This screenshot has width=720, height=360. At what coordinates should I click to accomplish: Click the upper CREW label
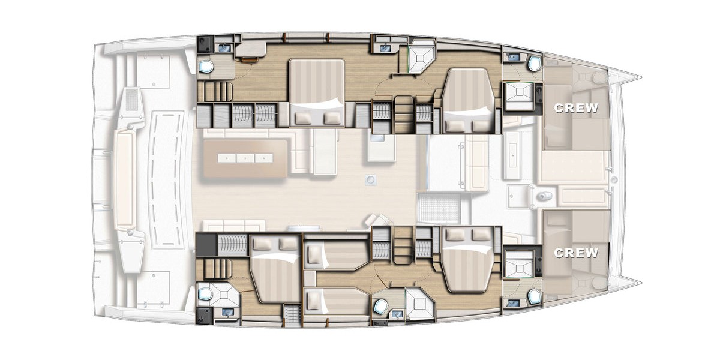coord(576,109)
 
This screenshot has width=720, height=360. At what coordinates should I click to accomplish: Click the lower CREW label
coord(576,253)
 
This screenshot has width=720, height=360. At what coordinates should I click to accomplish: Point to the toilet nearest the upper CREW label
coord(532,64)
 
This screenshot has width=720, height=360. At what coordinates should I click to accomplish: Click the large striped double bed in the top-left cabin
coord(317,93)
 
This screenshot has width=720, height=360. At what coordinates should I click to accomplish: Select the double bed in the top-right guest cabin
coord(470,99)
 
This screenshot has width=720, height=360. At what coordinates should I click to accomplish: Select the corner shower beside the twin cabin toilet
coord(418,303)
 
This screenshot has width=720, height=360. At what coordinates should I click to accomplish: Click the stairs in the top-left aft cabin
coord(214,91)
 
